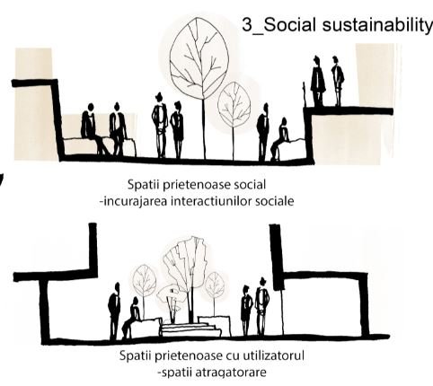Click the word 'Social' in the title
coord(289,24)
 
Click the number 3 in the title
coord(247,24)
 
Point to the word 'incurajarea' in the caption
coord(134,201)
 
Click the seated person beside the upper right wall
coord(280,139)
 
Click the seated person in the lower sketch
coord(132,318)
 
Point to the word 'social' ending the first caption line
coord(250,184)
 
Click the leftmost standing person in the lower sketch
coord(114,311)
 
